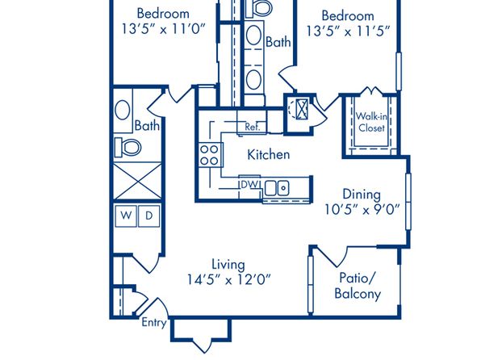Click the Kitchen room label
269,154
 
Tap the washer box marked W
126,216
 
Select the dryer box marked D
149,216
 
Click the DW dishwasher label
249,185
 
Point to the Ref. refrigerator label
252,127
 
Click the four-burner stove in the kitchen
210,155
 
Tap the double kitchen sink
277,188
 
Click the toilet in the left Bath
128,148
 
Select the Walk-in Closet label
371,122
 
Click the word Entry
154,323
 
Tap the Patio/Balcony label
358,286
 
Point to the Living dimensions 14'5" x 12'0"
229,279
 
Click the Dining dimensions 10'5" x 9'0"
362,210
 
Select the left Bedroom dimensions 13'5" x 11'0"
163,29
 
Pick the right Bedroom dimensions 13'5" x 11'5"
348,31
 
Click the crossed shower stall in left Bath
137,181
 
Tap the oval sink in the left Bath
123,110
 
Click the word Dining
362,195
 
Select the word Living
228,265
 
